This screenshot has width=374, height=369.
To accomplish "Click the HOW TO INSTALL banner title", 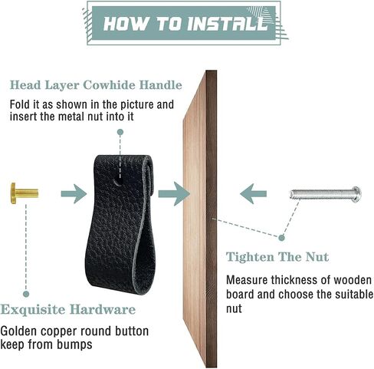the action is click(x=185, y=24).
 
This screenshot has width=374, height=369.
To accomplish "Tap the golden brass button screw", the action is click(x=25, y=193).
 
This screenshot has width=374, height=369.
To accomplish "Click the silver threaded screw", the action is click(x=326, y=194).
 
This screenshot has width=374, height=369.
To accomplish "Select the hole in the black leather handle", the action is click(x=118, y=183).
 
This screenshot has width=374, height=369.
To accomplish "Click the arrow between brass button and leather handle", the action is click(x=74, y=194).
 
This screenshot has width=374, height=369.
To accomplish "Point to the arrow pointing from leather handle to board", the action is click(x=174, y=194).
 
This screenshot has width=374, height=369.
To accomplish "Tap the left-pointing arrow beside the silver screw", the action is click(x=253, y=193).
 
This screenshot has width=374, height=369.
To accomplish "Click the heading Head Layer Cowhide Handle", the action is click(x=96, y=85).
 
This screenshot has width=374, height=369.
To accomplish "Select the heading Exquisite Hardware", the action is click(x=67, y=310).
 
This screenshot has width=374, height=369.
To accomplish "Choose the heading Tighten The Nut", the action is click(x=277, y=257).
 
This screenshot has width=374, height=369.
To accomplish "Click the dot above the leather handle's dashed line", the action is click(x=120, y=132).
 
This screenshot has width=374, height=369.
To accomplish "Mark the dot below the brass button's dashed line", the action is click(x=26, y=294).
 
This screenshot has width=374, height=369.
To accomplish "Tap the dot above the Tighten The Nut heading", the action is click(x=281, y=238).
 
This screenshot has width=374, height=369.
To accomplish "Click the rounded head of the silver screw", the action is click(x=356, y=194).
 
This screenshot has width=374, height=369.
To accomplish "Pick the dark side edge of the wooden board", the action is click(x=212, y=219).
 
